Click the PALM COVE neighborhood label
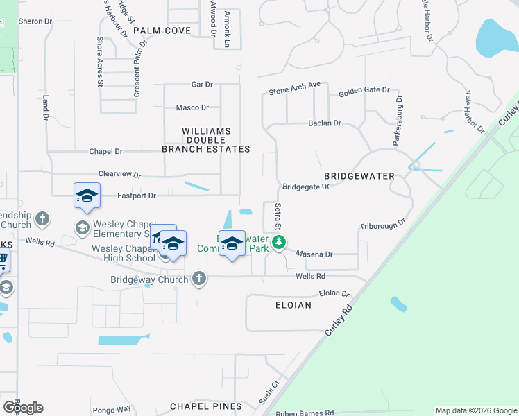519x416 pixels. pos(162,31)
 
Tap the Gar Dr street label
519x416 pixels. pos(202,85)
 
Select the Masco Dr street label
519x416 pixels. pos(192,107)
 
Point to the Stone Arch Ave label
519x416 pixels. pos(295,89)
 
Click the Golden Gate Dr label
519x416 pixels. pos(364,92)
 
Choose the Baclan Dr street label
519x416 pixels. pos(325,123)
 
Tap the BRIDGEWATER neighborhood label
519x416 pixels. pos(359,177)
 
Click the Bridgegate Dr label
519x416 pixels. pos(305,187)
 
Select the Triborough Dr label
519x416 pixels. pos(382,227)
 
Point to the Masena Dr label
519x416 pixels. pos(315,254)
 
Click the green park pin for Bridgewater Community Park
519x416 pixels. pos(279,243)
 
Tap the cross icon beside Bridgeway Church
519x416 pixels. pos(199,279)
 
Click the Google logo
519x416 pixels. pos(23,408)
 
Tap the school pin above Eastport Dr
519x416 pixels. pos(87,196)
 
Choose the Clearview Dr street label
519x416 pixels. pos(119,175)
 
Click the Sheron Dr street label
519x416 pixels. pos(35,21)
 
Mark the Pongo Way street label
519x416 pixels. pos(114,409)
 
